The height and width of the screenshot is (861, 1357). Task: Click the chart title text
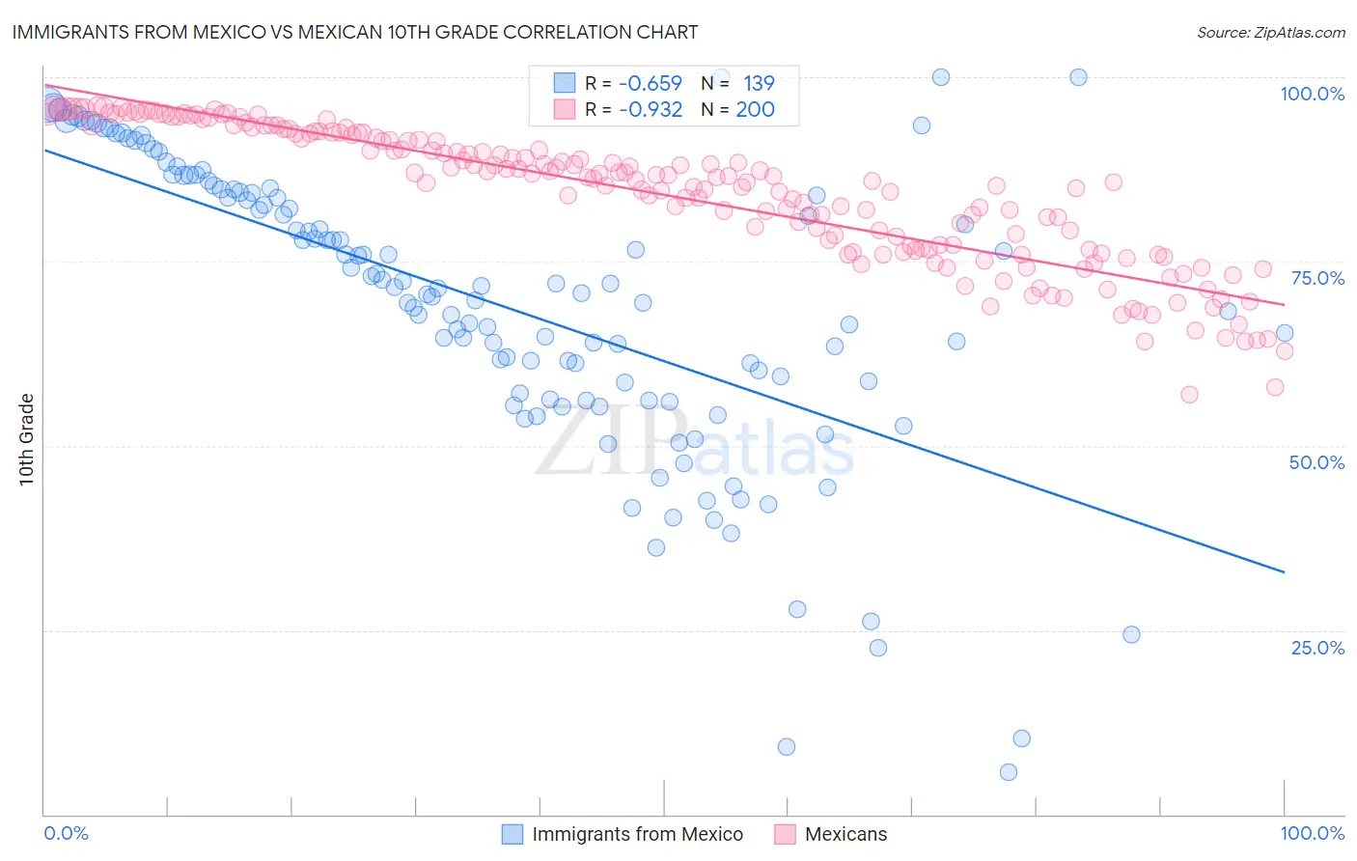pyautogui.click(x=354, y=32)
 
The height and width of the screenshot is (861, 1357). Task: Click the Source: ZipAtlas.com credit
pyautogui.click(x=1270, y=32)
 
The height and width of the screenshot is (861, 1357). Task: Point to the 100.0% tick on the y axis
pyautogui.click(x=1312, y=94)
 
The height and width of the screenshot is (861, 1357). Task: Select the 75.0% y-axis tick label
pyautogui.click(x=1317, y=278)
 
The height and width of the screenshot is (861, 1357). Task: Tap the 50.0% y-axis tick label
pyautogui.click(x=1316, y=462)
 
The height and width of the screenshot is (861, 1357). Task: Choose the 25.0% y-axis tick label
pyautogui.click(x=1317, y=648)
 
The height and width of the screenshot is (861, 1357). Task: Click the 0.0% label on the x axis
pyautogui.click(x=67, y=833)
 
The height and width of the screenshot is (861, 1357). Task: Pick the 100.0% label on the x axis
pyautogui.click(x=1312, y=833)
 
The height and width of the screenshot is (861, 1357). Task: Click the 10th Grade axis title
pyautogui.click(x=27, y=439)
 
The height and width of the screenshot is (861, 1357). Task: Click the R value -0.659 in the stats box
pyautogui.click(x=651, y=83)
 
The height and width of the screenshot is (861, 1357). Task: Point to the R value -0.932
pyautogui.click(x=651, y=109)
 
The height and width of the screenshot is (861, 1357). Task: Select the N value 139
pyautogui.click(x=759, y=83)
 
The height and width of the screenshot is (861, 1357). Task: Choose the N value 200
pyautogui.click(x=755, y=109)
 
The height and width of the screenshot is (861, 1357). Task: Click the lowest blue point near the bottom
pyautogui.click(x=1009, y=772)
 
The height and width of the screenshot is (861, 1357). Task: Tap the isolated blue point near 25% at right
pyautogui.click(x=1131, y=635)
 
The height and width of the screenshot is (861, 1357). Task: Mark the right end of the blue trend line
pyautogui.click(x=1284, y=572)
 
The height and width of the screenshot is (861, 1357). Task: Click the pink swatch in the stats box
pyautogui.click(x=565, y=109)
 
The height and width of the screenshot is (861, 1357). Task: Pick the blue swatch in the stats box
pyautogui.click(x=565, y=83)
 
